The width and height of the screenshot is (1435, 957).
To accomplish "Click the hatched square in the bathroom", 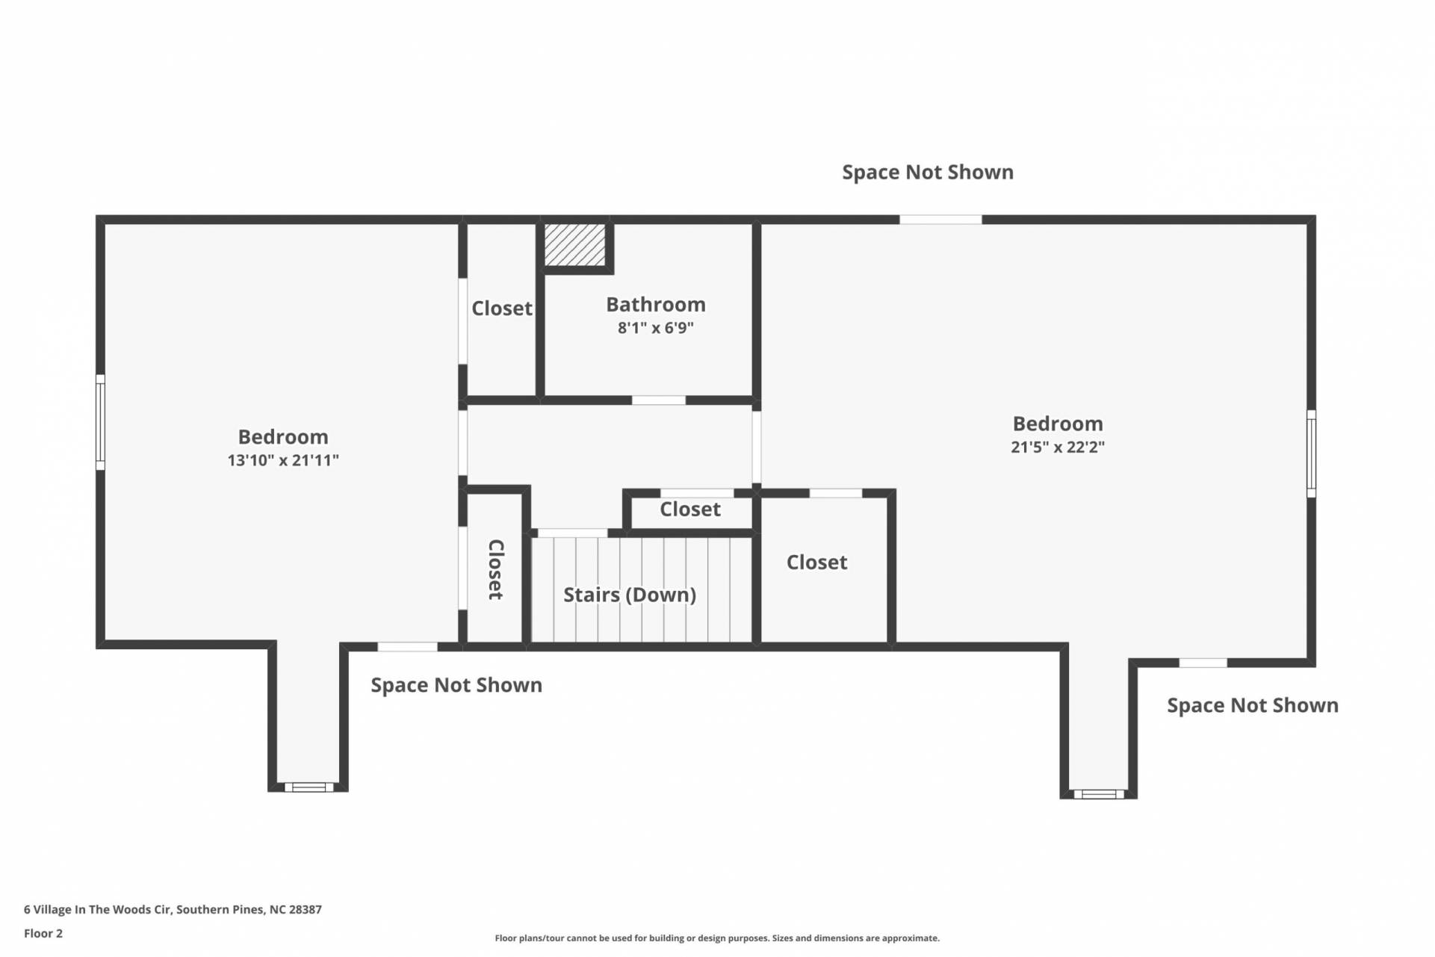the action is tap(574, 244).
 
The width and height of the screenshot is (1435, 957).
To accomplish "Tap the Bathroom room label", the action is tap(656, 304).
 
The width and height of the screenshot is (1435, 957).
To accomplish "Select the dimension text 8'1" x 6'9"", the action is tap(656, 328).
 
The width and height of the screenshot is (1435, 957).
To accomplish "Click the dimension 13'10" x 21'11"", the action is tap(283, 460).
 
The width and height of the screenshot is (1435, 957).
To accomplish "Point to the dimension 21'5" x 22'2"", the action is tap(1058, 447).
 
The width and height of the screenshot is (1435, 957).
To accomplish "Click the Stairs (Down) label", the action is tap(630, 595).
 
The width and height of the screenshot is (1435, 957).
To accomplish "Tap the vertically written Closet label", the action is tap(495, 569).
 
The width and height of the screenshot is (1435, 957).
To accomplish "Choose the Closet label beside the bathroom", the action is tap(502, 308).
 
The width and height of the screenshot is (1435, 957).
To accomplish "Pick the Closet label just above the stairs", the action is tap(690, 510).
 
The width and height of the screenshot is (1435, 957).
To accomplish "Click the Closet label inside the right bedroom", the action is tap(816, 562).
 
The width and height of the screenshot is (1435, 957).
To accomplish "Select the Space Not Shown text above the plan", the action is tap(928, 172).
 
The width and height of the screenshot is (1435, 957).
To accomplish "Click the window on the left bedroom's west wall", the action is tap(100, 423).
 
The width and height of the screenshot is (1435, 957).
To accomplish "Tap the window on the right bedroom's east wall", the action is tap(1311, 453).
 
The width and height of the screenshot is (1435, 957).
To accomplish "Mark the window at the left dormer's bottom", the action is tap(309, 787).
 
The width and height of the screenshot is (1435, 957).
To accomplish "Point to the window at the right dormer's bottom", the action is tap(1099, 794).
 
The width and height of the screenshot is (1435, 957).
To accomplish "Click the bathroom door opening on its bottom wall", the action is tap(659, 400).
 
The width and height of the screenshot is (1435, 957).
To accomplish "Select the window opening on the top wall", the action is tap(940, 220).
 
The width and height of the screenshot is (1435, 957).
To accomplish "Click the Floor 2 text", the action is tap(43, 933).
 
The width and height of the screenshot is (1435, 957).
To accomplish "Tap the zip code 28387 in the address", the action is tap(306, 910).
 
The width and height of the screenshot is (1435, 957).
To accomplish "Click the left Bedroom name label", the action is tap(283, 437).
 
